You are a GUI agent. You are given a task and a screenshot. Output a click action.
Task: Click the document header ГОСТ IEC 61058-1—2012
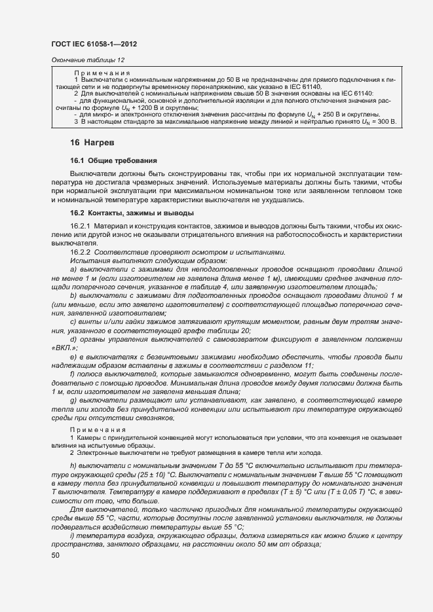coord(94,43)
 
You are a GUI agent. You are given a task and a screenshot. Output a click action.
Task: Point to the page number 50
coord(56,556)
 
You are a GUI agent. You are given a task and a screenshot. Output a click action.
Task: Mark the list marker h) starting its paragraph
coord(73,465)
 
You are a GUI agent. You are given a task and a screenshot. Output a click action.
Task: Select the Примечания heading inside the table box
coord(102,73)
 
